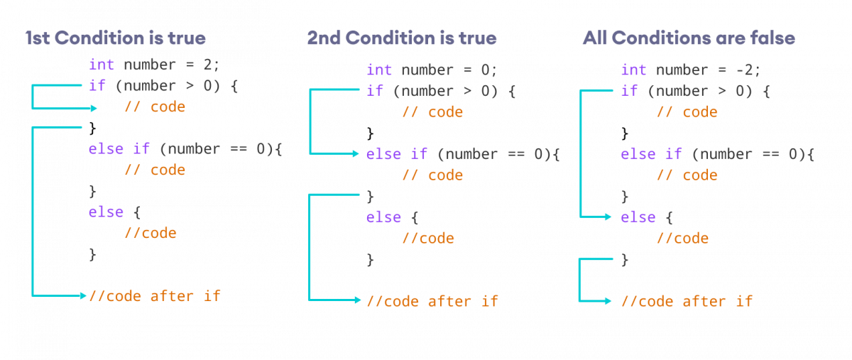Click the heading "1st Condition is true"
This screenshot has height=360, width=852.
(115, 38)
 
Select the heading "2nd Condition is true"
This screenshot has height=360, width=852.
(401, 38)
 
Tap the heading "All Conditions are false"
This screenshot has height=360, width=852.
(688, 38)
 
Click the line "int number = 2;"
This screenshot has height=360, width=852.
(154, 65)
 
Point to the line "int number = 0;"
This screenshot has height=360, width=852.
(432, 70)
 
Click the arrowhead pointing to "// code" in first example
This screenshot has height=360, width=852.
(94, 109)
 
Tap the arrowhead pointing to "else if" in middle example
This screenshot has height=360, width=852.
(356, 153)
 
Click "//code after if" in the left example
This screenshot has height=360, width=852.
(154, 295)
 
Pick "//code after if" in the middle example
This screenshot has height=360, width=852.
(432, 301)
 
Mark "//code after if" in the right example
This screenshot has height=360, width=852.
(687, 301)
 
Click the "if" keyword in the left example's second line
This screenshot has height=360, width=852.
(97, 86)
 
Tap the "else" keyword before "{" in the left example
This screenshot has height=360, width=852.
(106, 212)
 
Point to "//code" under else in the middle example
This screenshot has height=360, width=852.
(428, 239)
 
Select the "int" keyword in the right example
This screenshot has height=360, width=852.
(633, 70)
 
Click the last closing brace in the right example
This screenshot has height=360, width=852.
(625, 260)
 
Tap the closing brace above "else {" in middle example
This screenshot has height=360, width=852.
(369, 196)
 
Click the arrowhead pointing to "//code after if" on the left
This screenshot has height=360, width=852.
(83, 295)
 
